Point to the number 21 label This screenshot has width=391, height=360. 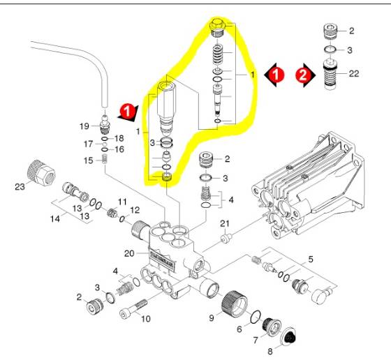pyautogui.click(x=224, y=223)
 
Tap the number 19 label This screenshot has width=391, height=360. pyautogui.click(x=84, y=126)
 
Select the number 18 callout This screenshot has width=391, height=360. pyautogui.click(x=118, y=138)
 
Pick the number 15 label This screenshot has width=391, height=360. pyautogui.click(x=89, y=160)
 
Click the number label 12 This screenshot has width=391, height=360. pyautogui.click(x=134, y=210)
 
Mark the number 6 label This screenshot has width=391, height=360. pyautogui.click(x=239, y=329)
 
